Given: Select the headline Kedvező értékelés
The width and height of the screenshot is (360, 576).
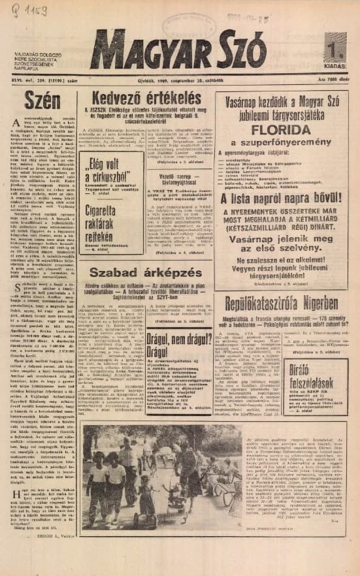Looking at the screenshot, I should [x=149, y=99].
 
